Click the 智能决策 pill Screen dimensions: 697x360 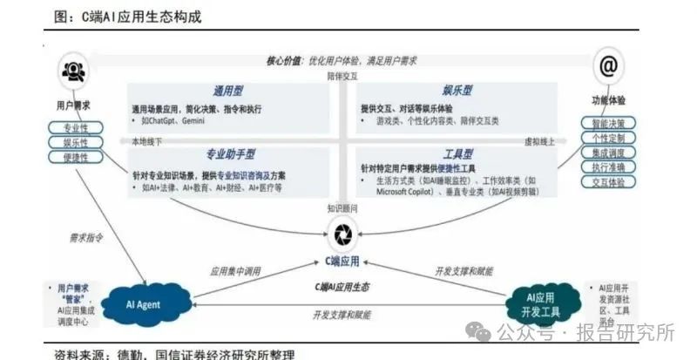click(608, 124)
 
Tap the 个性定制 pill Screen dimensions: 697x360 click(608, 139)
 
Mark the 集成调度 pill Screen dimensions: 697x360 click(608, 153)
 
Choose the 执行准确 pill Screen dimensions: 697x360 click(608, 168)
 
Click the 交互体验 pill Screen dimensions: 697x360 click(608, 183)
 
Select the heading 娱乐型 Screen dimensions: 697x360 click(456, 90)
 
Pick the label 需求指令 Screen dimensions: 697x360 click(86, 236)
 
